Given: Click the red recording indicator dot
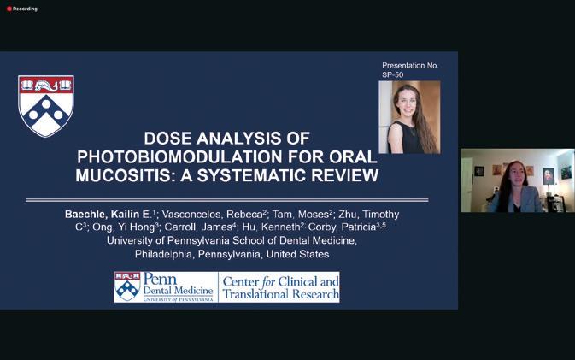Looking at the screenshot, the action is pyautogui.click(x=9, y=9).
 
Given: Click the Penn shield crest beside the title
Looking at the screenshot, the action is pyautogui.click(x=46, y=106).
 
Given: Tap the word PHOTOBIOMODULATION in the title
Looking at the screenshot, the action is pyautogui.click(x=179, y=156).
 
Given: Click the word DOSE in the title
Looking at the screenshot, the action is pyautogui.click(x=167, y=139).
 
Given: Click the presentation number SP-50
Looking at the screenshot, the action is pyautogui.click(x=392, y=75).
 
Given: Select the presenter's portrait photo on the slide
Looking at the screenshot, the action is pyautogui.click(x=409, y=117).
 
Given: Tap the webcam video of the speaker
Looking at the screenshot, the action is pyautogui.click(x=518, y=180).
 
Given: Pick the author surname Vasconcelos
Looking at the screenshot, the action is pyautogui.click(x=191, y=215).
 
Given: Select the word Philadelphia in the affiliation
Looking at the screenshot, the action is pyautogui.click(x=163, y=254).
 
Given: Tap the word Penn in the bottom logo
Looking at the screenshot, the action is pyautogui.click(x=160, y=280).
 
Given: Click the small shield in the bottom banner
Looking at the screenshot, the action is pyautogui.click(x=127, y=286).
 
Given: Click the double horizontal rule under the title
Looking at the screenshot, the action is pyautogui.click(x=227, y=200).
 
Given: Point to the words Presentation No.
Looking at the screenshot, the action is pyautogui.click(x=410, y=66).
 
